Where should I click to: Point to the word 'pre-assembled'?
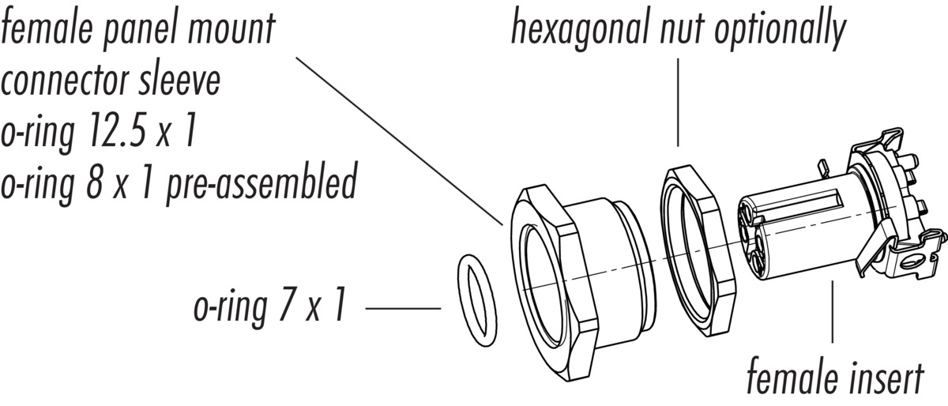(260, 184)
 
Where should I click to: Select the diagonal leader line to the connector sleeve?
(395, 138)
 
